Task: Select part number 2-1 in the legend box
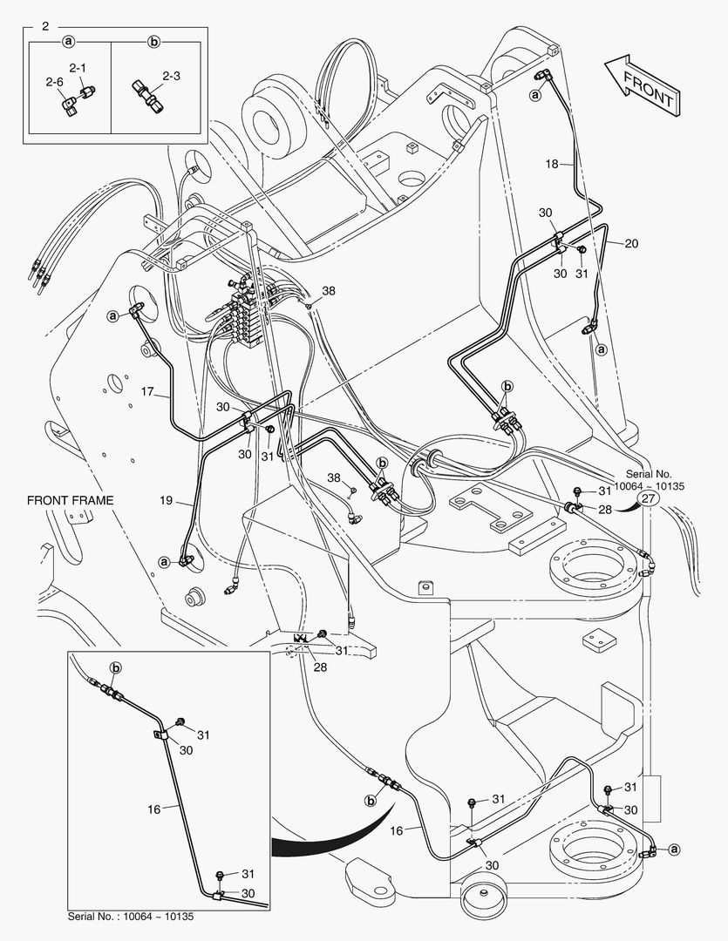point(78,66)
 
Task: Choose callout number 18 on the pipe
point(552,164)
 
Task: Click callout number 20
point(630,244)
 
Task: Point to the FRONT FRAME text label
point(70,500)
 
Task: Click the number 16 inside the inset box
point(153,809)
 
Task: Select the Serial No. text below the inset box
point(130,917)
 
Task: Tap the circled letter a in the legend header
point(68,41)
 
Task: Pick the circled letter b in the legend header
point(154,41)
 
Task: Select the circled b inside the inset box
point(114,667)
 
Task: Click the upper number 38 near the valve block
point(327,291)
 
